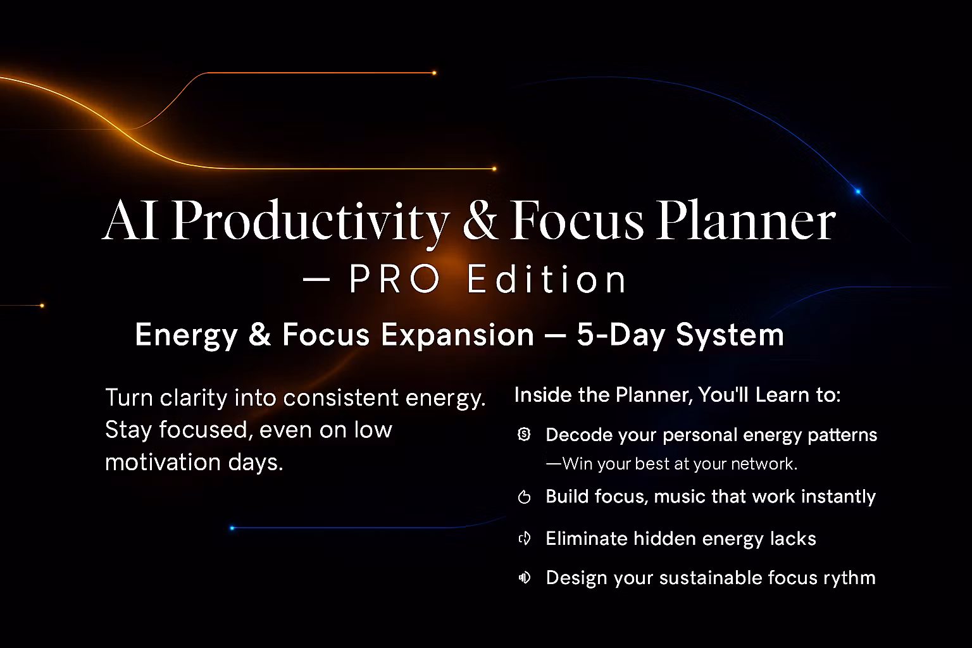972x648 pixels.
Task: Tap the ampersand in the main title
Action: [480, 220]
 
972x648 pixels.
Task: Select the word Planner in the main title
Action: [745, 221]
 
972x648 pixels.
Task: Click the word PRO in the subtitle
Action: [395, 279]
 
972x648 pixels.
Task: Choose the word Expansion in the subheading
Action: [458, 335]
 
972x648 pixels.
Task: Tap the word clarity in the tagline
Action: [194, 398]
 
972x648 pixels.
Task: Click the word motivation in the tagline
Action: [163, 462]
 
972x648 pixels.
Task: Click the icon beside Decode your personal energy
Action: [524, 434]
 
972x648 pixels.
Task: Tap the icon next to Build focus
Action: [524, 497]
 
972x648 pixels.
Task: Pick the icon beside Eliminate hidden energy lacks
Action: [524, 539]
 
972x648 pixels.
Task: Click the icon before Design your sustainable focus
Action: [524, 578]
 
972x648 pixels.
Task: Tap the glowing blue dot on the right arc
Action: [858, 191]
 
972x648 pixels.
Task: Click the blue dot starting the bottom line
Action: [232, 528]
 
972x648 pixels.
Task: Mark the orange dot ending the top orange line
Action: [434, 73]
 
